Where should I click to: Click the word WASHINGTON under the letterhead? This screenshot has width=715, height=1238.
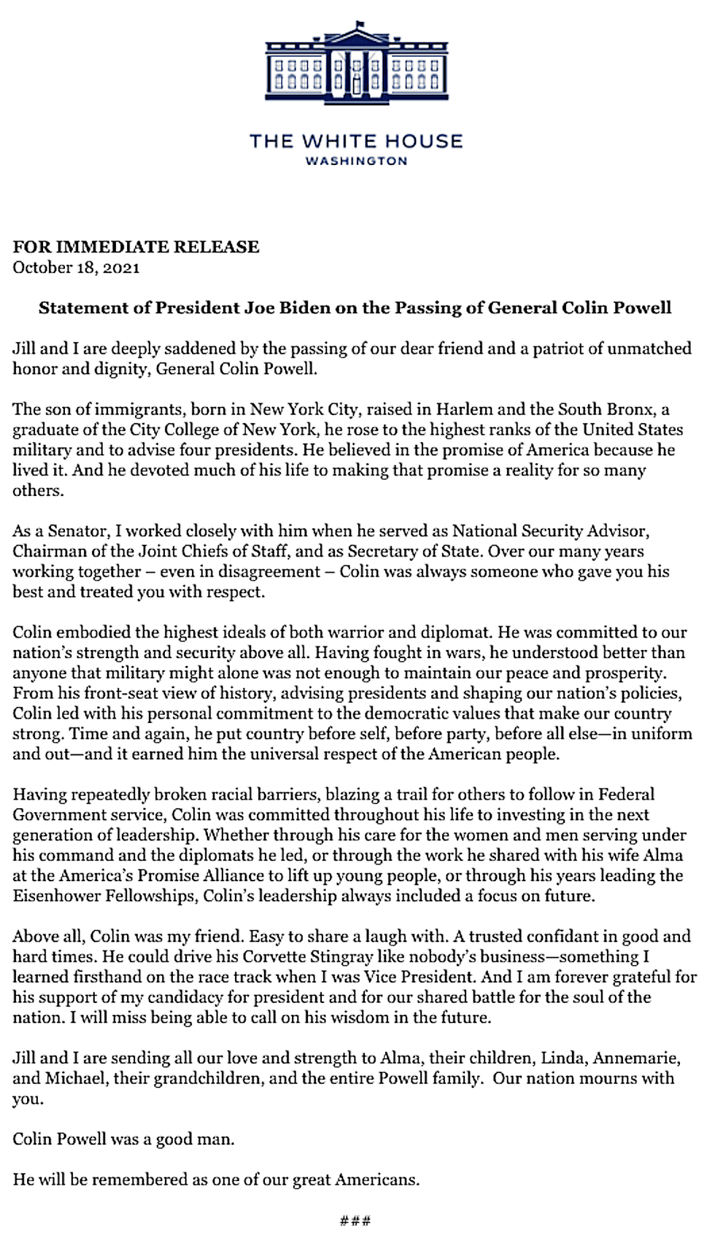click(x=356, y=161)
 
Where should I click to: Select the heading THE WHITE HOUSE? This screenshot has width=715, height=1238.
click(x=356, y=141)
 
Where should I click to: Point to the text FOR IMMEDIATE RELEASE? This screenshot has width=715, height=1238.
click(x=136, y=247)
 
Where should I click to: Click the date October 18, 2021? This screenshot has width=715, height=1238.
click(x=76, y=267)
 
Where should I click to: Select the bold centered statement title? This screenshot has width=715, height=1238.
click(x=355, y=307)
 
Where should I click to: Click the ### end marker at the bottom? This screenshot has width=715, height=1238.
click(x=356, y=1220)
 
